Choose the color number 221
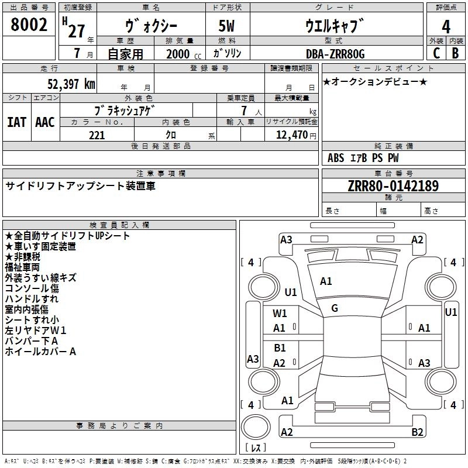click(97, 135)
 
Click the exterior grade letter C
click(436, 53)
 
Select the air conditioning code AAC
click(45, 122)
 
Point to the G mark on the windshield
click(335, 308)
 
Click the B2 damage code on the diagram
click(417, 432)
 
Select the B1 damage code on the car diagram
click(280, 348)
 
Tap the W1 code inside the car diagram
click(280, 314)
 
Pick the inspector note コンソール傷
click(32, 288)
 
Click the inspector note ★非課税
click(23, 257)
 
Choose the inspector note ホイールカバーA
click(40, 352)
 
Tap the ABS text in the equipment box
click(336, 157)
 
